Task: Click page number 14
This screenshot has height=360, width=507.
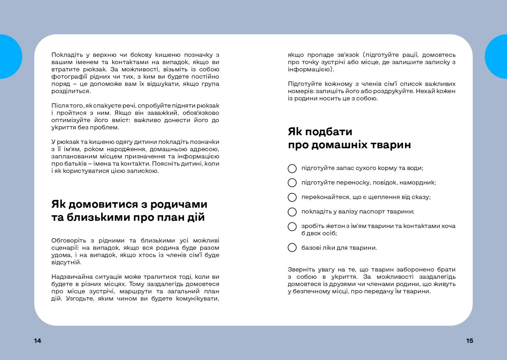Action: (x=37, y=341)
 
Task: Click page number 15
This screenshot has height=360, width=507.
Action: (x=470, y=341)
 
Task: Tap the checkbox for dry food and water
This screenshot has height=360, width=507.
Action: (x=292, y=168)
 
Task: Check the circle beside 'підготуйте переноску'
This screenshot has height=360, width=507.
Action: (x=292, y=183)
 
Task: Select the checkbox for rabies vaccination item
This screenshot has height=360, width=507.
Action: (x=292, y=197)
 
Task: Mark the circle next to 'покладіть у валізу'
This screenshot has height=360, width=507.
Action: (x=292, y=212)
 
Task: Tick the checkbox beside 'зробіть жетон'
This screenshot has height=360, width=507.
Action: (x=292, y=226)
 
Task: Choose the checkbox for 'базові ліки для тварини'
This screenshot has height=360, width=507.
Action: (x=292, y=247)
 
